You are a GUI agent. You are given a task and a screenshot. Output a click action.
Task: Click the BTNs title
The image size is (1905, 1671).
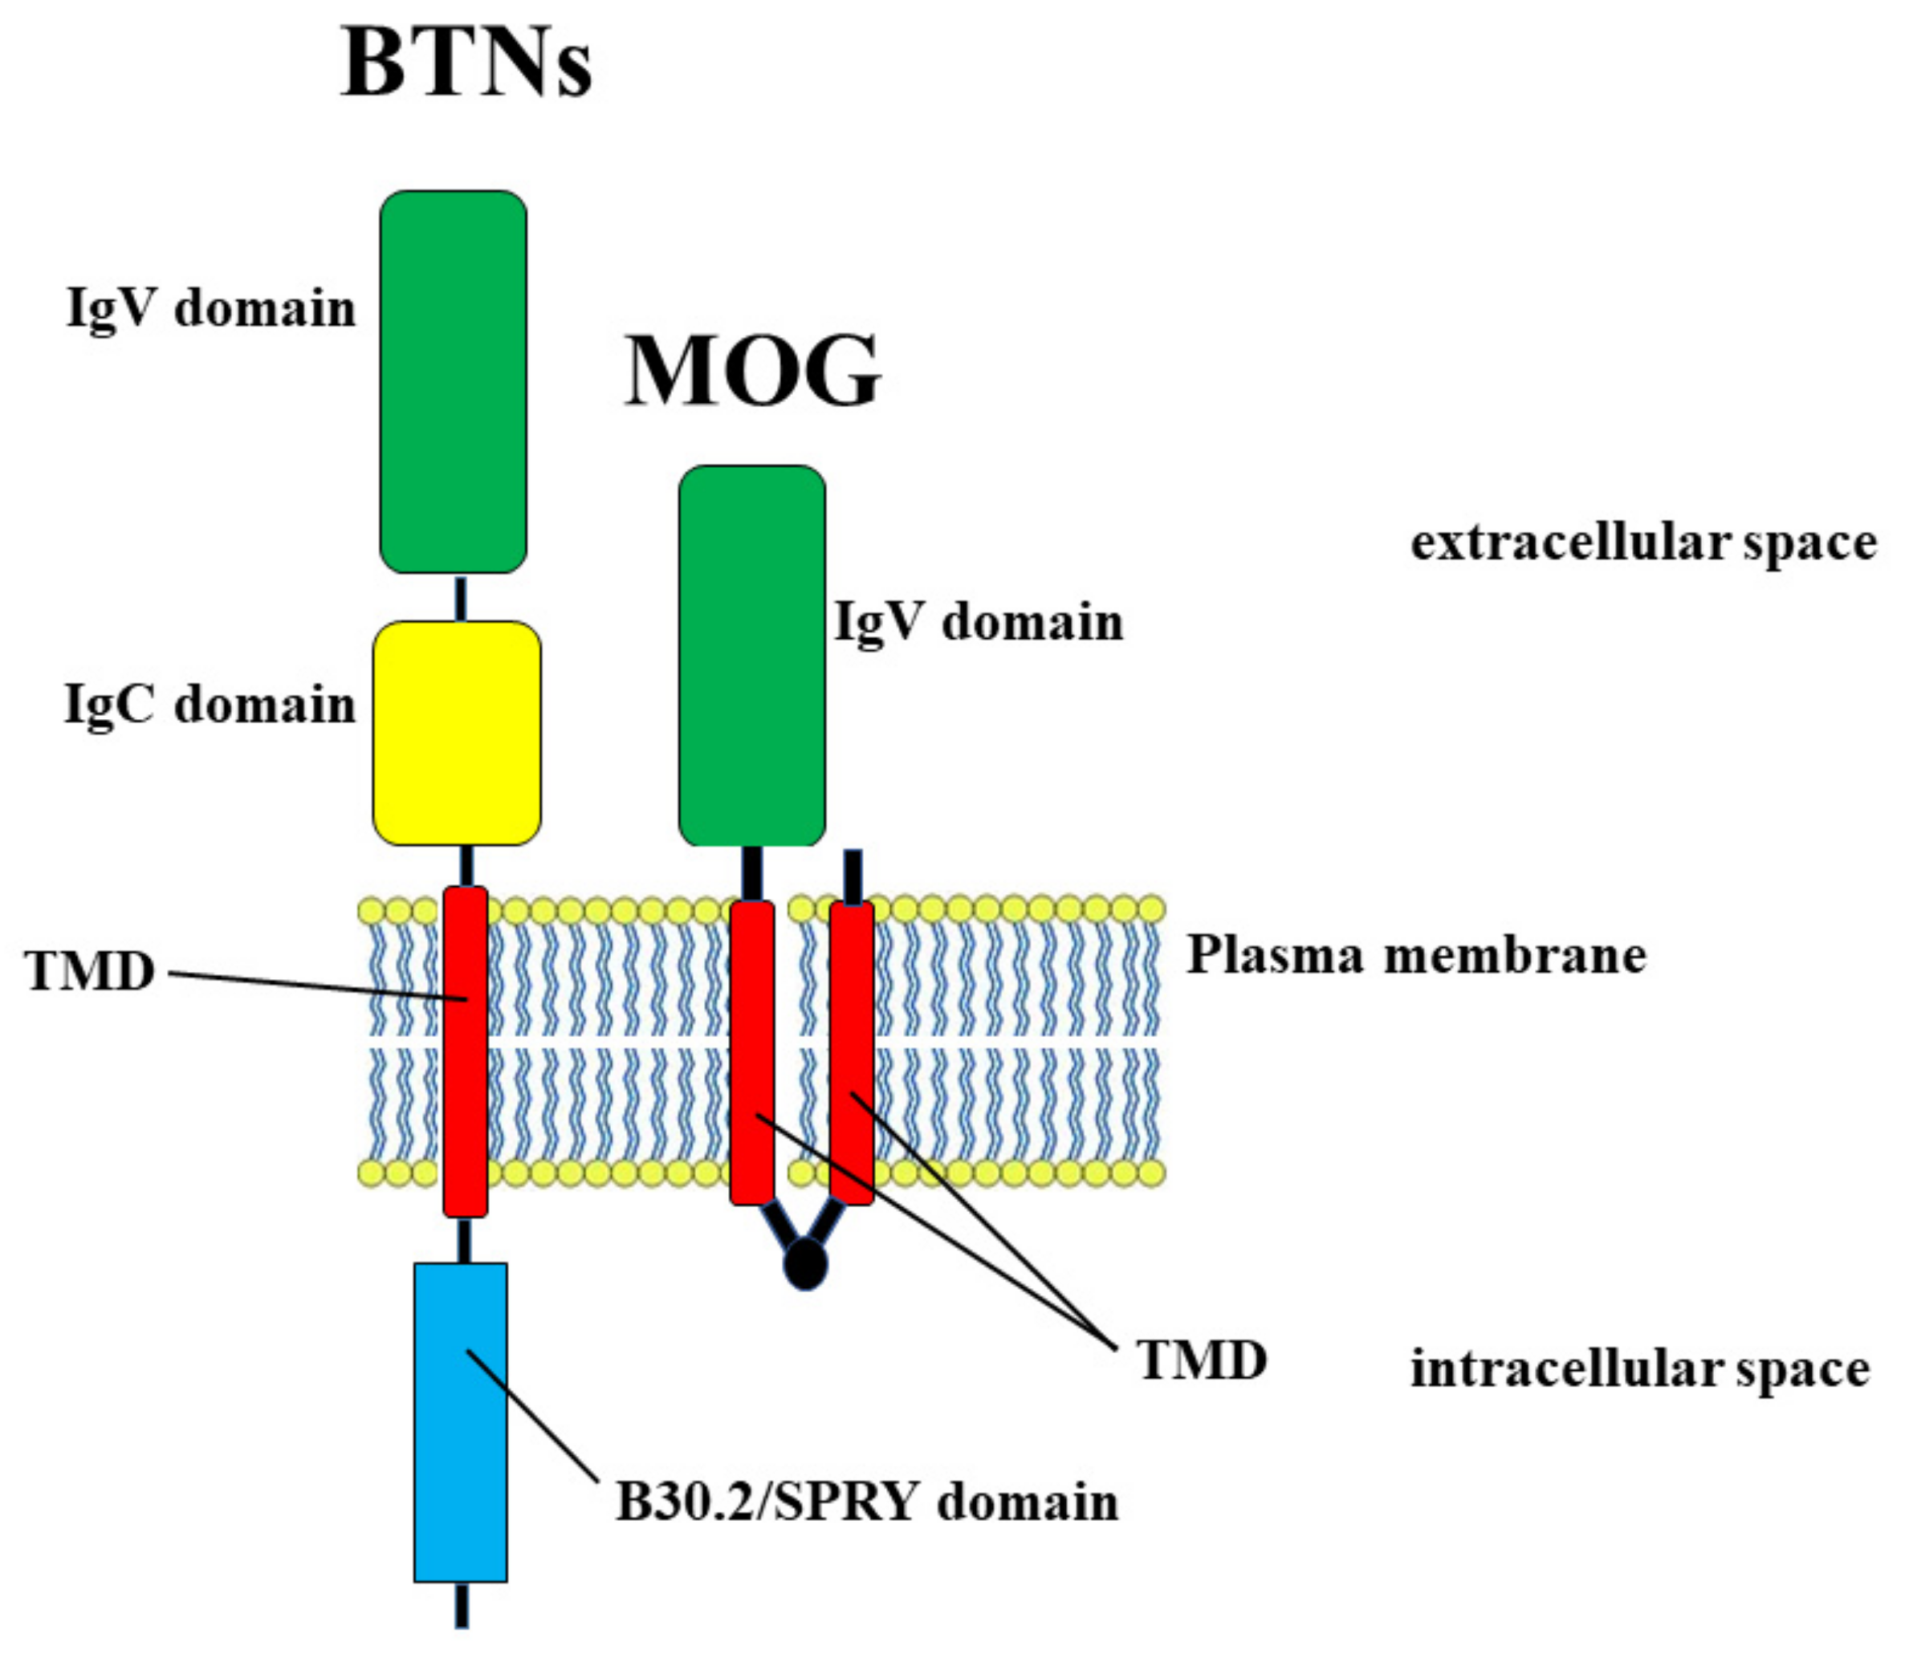pyautogui.click(x=466, y=63)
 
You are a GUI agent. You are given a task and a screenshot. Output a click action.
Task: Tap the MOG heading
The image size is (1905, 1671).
pyautogui.click(x=752, y=370)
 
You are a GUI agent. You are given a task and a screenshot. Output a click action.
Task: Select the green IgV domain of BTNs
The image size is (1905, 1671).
pyautogui.click(x=453, y=381)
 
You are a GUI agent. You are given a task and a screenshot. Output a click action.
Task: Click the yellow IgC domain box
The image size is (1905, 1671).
pyautogui.click(x=457, y=733)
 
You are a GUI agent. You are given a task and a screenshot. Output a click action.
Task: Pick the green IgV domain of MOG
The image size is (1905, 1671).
pyautogui.click(x=751, y=655)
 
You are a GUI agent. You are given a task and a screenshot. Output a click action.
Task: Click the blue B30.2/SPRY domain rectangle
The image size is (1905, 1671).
pyautogui.click(x=461, y=1422)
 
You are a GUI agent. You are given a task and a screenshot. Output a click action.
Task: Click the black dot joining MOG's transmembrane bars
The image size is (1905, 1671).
pyautogui.click(x=805, y=1264)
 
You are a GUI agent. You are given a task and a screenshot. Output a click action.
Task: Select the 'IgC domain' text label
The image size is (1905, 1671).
pyautogui.click(x=210, y=705)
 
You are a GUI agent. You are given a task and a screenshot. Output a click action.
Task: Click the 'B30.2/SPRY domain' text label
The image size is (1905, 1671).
pyautogui.click(x=867, y=1502)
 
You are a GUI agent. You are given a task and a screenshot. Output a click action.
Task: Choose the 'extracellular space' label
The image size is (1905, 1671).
pyautogui.click(x=1643, y=543)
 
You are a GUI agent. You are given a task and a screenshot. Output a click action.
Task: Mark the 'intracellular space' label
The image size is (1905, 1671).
pyautogui.click(x=1639, y=1369)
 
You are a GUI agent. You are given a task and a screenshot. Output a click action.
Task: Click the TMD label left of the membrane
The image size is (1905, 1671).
pyautogui.click(x=91, y=971)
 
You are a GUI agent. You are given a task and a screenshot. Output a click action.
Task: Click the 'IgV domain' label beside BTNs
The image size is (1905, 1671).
pyautogui.click(x=212, y=307)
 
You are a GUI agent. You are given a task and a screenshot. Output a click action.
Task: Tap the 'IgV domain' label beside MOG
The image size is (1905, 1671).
pyautogui.click(x=979, y=622)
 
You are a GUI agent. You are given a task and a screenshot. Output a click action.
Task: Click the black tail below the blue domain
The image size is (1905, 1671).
pyautogui.click(x=462, y=1607)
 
